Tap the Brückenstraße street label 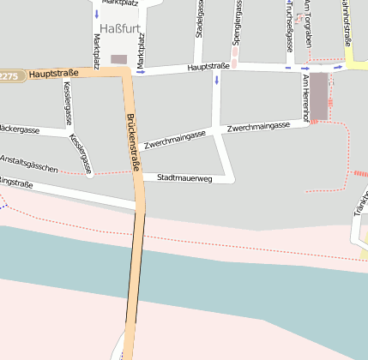pos(133,141)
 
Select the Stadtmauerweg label pos(184,177)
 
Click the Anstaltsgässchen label pos(29,164)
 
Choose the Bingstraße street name pos(15,183)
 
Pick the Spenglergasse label pos(237,22)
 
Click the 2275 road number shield pos(9,76)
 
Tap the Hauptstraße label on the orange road pos(53,74)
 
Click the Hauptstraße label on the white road pos(208,66)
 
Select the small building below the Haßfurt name pos(118,59)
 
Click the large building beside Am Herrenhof pos(319,95)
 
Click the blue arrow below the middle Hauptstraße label pos(216,80)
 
